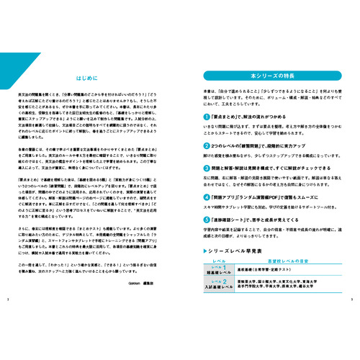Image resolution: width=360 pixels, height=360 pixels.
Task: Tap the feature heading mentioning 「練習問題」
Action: coord(248,145)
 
